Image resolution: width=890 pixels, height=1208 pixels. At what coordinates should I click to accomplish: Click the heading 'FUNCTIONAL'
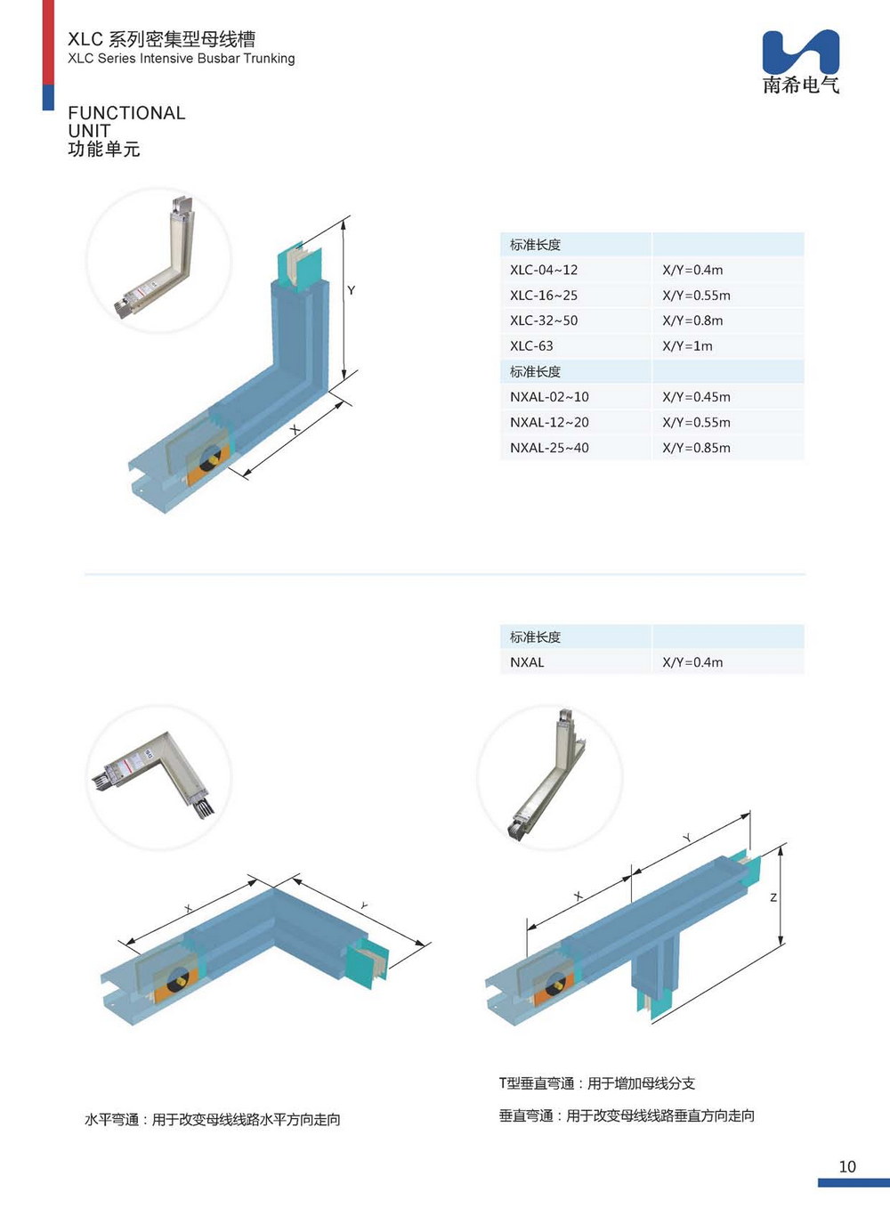[126, 113]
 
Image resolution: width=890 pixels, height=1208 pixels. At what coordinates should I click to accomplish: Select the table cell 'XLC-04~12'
[544, 270]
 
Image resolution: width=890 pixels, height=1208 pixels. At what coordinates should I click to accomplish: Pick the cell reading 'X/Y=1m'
[687, 346]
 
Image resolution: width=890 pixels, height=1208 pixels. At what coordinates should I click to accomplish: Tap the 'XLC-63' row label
[531, 346]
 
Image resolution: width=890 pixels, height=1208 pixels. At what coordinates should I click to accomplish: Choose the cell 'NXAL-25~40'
[549, 448]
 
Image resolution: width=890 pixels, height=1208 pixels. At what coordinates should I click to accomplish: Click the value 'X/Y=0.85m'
[696, 448]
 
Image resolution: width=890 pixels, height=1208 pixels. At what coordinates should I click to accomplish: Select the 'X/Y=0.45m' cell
[696, 397]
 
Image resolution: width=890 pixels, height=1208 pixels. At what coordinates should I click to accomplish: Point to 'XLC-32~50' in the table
[544, 320]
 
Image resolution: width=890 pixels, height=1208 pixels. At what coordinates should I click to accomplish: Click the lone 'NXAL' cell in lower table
[527, 662]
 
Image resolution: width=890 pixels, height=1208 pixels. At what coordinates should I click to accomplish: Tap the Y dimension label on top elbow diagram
[352, 290]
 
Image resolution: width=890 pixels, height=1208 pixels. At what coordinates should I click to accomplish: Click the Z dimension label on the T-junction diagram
[773, 897]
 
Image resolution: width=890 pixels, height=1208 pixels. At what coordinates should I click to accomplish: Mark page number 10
[847, 1166]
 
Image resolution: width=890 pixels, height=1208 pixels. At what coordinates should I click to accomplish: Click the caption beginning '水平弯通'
[213, 1120]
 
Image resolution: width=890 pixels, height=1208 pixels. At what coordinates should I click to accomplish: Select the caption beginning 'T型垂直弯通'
[596, 1083]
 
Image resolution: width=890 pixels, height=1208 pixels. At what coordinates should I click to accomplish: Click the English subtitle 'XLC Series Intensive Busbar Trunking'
[182, 59]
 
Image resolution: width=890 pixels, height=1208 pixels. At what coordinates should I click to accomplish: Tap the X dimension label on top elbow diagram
[295, 430]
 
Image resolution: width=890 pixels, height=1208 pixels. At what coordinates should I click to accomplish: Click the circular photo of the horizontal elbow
[158, 776]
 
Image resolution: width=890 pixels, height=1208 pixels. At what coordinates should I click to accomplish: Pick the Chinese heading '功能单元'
[104, 150]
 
